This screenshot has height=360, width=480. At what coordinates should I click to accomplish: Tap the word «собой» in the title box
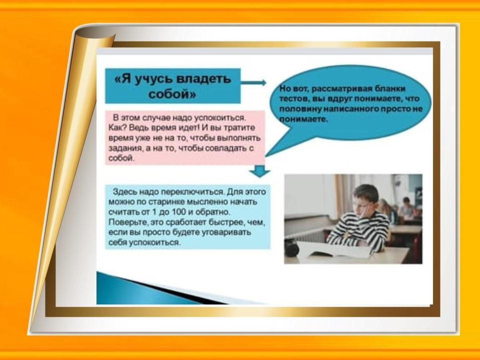[172, 94]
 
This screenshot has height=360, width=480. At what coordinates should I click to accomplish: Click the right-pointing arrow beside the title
[254, 83]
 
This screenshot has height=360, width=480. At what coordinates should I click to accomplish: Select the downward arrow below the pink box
[260, 171]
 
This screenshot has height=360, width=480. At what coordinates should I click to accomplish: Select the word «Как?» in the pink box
[118, 128]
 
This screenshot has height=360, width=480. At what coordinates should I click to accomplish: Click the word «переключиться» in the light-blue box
[192, 192]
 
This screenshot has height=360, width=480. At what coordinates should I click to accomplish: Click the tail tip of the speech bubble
[266, 156]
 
